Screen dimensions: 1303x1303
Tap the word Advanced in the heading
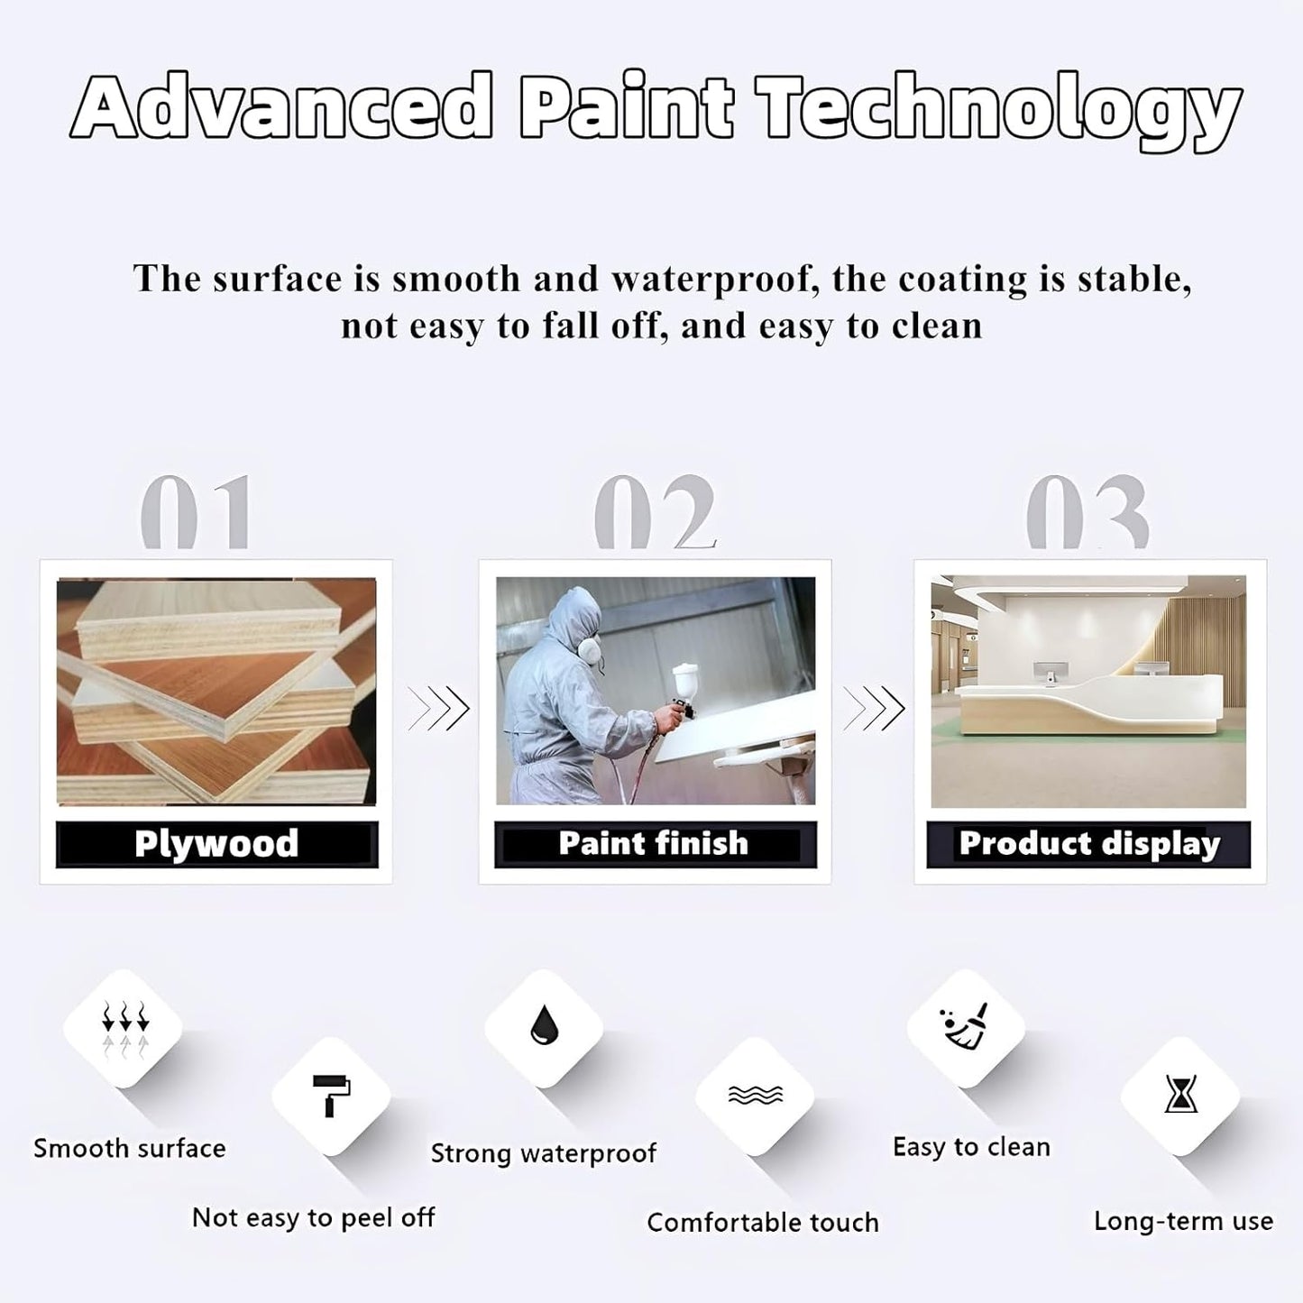click(x=281, y=106)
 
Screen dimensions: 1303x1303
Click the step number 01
click(x=196, y=511)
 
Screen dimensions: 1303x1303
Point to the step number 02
click(x=655, y=511)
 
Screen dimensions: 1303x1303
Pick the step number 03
click(x=1087, y=511)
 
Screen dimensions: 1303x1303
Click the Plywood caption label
click(x=216, y=844)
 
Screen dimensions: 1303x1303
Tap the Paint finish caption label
click(x=655, y=844)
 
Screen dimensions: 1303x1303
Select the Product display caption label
click(x=1088, y=844)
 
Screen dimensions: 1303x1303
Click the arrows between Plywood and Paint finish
click(x=438, y=709)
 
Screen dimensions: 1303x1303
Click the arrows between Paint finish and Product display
click(x=874, y=709)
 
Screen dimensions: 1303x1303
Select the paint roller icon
click(x=331, y=1095)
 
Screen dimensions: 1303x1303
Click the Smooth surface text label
click(x=130, y=1149)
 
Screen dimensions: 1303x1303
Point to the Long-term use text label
click(x=1183, y=1221)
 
